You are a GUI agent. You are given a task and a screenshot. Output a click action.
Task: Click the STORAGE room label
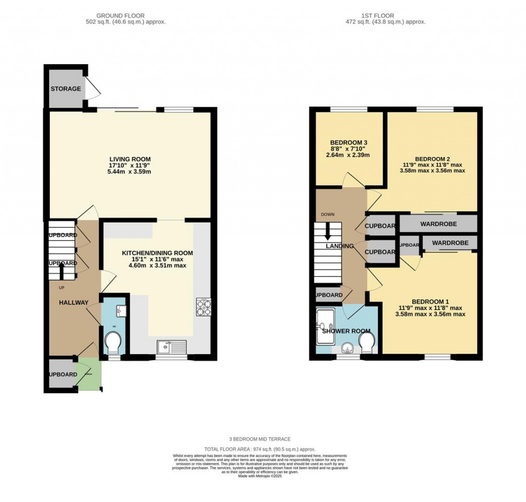[x=65, y=89]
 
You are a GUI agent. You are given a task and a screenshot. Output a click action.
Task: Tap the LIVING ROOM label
[x=129, y=159]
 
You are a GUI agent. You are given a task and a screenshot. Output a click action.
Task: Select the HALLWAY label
[x=73, y=302]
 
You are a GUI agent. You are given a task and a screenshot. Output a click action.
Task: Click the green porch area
[x=89, y=376]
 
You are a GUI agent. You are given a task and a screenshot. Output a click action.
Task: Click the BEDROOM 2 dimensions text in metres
[x=432, y=171]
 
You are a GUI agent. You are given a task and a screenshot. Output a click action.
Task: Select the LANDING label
[x=340, y=246]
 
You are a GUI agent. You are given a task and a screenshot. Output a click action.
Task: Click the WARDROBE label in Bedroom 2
[x=439, y=224]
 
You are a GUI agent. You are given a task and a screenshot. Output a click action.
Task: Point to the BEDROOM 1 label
[x=430, y=301]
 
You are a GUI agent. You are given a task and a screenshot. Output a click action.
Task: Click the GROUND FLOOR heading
[x=126, y=15]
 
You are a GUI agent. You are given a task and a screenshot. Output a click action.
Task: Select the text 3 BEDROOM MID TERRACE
[x=260, y=439]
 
